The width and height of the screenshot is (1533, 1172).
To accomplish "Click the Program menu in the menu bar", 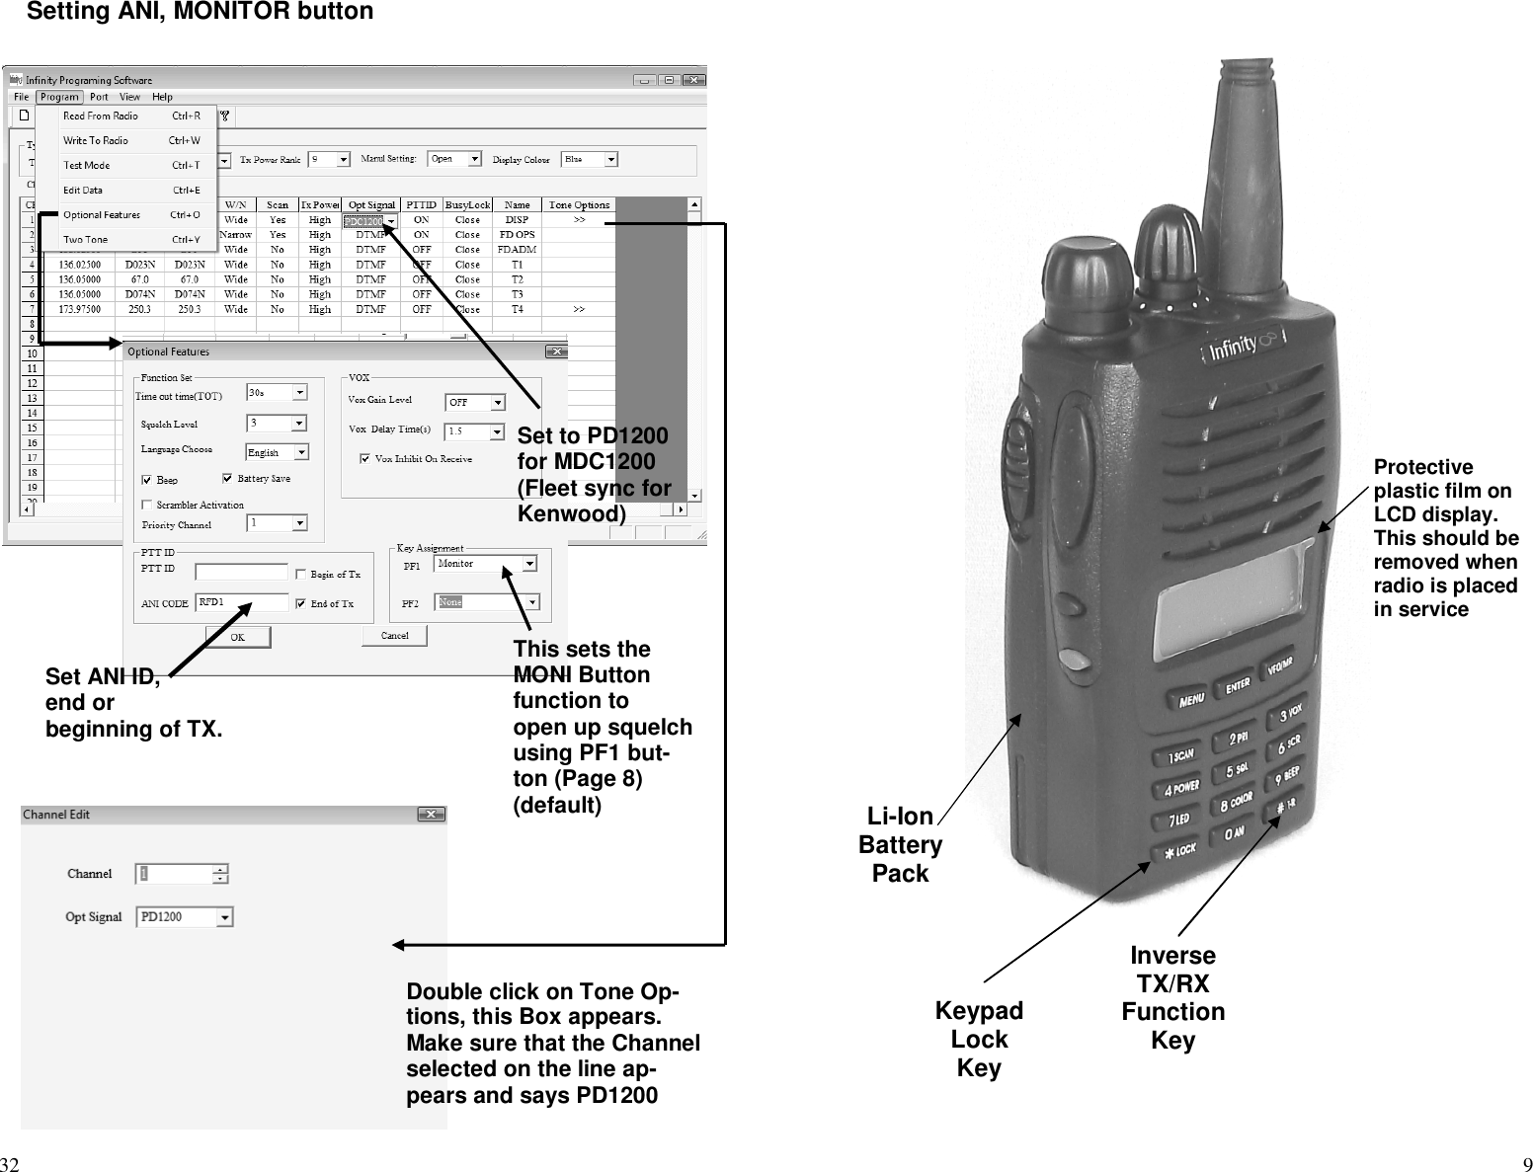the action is click(59, 97).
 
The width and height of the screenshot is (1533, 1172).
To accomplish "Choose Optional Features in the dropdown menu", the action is click(102, 214).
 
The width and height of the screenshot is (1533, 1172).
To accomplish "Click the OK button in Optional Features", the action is click(237, 637).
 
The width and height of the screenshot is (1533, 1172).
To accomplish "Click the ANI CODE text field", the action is click(243, 602).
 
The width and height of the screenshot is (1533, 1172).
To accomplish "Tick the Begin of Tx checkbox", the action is click(300, 574).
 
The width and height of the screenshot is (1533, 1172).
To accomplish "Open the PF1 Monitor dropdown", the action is click(530, 564).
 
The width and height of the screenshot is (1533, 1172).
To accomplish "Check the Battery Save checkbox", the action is click(227, 479).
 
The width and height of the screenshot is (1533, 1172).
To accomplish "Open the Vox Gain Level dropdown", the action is click(498, 403).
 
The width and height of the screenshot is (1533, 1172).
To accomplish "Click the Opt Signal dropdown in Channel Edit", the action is click(225, 917).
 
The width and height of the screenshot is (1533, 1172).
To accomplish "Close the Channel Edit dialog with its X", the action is click(431, 815).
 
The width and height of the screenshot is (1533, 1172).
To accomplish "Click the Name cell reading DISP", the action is click(517, 220).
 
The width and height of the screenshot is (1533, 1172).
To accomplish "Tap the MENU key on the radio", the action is click(1191, 699).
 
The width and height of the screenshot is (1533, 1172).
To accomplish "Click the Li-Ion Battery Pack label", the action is click(900, 844).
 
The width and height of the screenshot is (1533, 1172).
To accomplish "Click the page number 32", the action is click(10, 1162).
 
